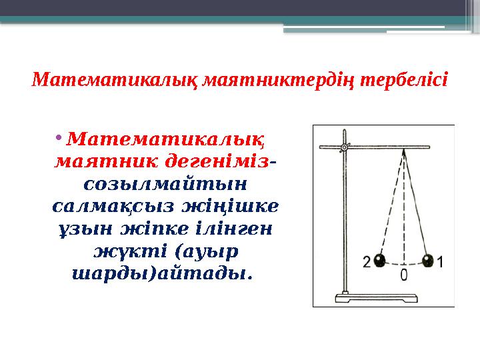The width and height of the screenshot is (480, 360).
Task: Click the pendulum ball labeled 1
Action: click(427, 260)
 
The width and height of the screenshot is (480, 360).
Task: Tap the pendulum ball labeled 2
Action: click(379, 260)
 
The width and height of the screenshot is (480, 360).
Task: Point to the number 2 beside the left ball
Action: click(366, 261)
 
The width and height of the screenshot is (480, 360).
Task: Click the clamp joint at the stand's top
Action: click(344, 147)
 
